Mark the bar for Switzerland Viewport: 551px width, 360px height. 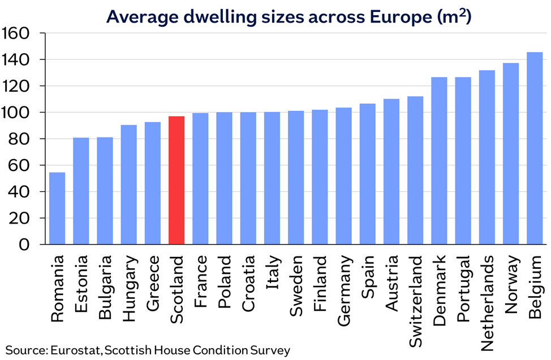tap(415, 170)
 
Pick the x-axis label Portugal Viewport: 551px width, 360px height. tap(463, 289)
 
